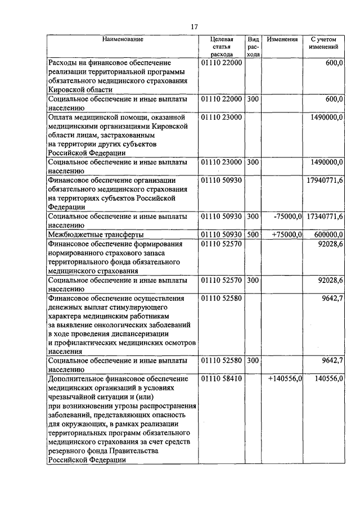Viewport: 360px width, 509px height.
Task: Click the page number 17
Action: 195,26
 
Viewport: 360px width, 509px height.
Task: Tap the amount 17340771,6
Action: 325,216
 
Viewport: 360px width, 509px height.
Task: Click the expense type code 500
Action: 253,234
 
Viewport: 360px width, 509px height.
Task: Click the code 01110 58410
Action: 221,379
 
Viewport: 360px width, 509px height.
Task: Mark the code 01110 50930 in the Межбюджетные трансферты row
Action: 221,234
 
